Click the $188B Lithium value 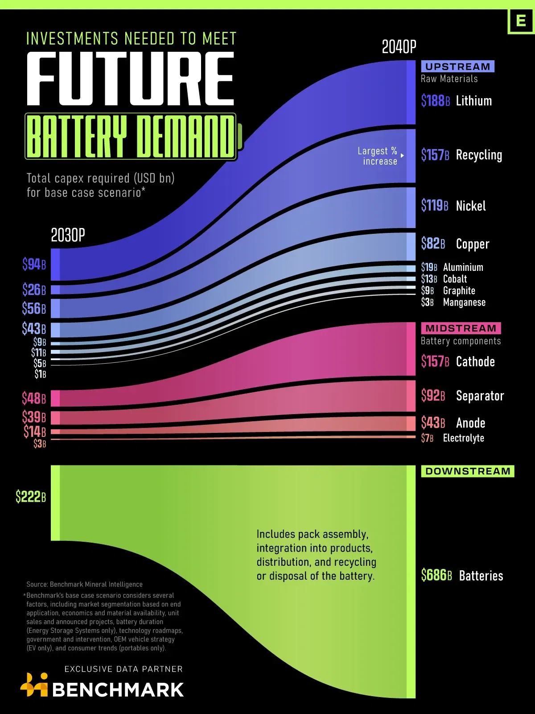[435, 101]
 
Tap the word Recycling [479, 155]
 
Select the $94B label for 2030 [34, 264]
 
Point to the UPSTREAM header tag [457, 66]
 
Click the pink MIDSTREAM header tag [461, 328]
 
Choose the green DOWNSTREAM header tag [467, 471]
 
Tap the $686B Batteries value [436, 575]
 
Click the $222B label [31, 496]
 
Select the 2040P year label [399, 47]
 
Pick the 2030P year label [68, 235]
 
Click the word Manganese [464, 303]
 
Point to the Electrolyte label [463, 438]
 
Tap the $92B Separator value [433, 396]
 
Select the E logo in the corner [521, 21]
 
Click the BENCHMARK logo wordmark [118, 690]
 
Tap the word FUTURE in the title [130, 79]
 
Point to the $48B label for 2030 [34, 398]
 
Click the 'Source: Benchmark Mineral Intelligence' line [84, 585]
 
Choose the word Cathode [475, 361]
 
